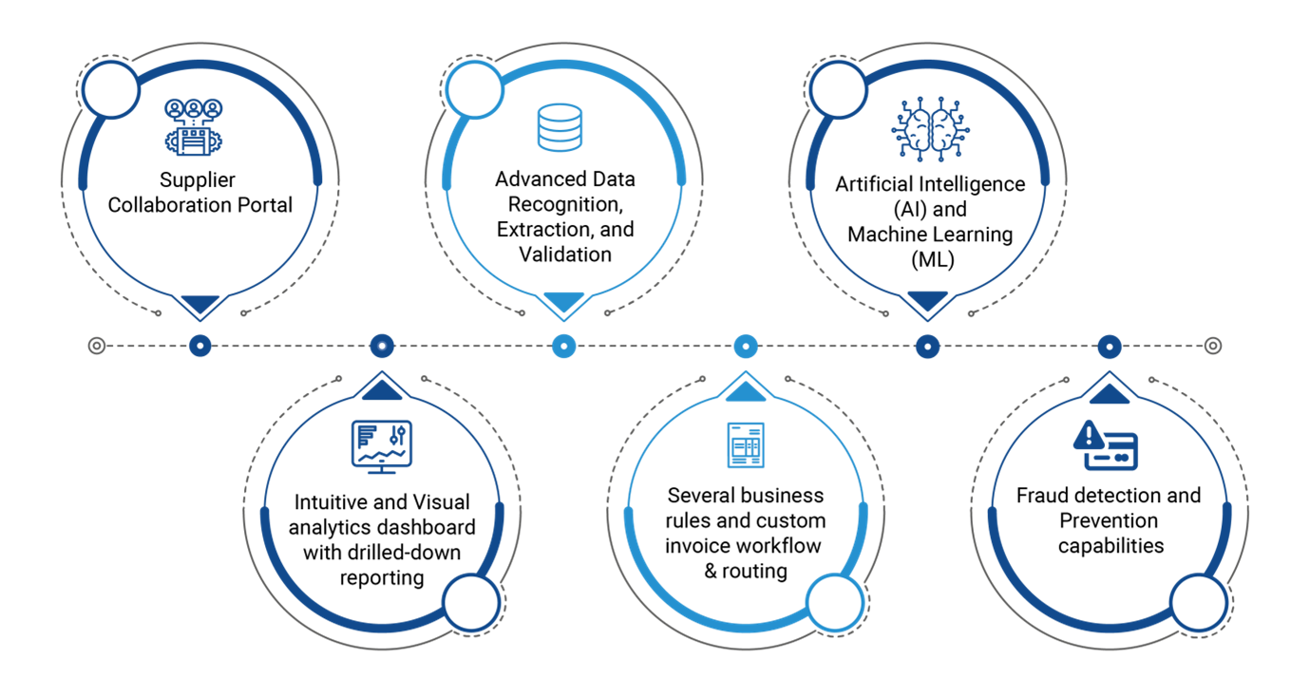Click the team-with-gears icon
193,126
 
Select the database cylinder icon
560,127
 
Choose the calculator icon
746,444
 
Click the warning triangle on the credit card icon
1089,436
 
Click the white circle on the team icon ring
111,90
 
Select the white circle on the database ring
474,90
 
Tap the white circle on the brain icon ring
838,90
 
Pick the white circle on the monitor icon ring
471,603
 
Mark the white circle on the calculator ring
835,603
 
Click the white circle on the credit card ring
1199,603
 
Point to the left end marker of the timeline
97,346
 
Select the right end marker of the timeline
1212,346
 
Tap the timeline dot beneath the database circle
564,346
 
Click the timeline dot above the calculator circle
746,346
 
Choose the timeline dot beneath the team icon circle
199,346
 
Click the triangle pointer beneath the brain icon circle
927,301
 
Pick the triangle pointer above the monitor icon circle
382,390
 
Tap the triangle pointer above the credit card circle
1110,393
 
